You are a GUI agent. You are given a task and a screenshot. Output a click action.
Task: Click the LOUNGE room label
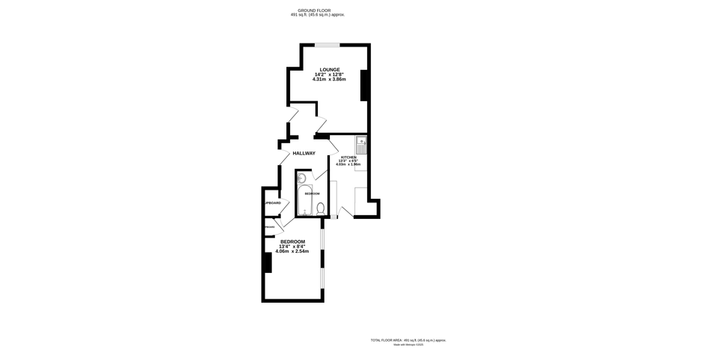[x=329, y=70]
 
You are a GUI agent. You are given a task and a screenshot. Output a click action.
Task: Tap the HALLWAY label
[x=304, y=153]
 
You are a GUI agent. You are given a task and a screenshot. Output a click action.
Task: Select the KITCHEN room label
[x=349, y=157]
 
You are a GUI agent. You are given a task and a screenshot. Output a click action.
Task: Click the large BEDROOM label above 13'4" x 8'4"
[x=292, y=241]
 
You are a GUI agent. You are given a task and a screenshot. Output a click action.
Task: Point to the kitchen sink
[x=360, y=142]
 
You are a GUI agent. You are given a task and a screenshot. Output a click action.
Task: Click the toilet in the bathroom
[x=320, y=208]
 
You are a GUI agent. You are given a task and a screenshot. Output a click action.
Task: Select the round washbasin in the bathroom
[x=301, y=178]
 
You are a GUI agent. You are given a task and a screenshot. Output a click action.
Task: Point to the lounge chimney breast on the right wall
[x=364, y=85]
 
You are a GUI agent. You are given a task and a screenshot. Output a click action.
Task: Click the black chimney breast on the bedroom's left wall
[x=266, y=263]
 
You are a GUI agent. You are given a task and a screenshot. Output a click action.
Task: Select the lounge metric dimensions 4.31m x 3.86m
[x=329, y=79]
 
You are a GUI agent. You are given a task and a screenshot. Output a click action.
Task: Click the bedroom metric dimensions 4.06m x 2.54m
[x=292, y=251]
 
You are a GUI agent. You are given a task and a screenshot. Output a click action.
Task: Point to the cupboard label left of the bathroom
[x=271, y=203]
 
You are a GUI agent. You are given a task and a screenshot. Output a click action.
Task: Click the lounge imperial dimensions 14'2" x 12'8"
[x=329, y=74]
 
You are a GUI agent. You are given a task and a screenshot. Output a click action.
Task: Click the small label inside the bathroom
[x=312, y=193]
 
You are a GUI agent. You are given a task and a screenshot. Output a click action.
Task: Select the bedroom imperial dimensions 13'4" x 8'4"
[x=292, y=247]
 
